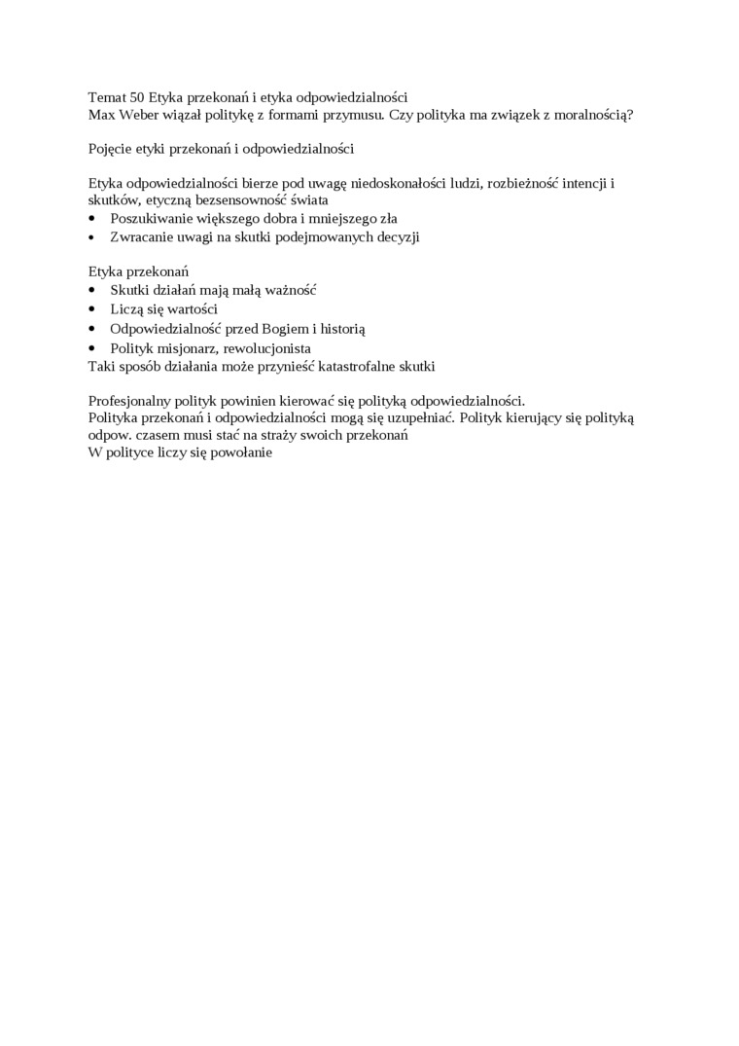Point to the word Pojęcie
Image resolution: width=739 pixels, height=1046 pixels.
click(x=110, y=149)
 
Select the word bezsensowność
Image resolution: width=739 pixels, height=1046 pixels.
click(x=241, y=200)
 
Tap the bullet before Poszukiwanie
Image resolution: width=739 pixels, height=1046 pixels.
click(x=92, y=218)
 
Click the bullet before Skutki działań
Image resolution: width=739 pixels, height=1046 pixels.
click(x=92, y=290)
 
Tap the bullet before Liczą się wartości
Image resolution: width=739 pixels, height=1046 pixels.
click(x=92, y=309)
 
